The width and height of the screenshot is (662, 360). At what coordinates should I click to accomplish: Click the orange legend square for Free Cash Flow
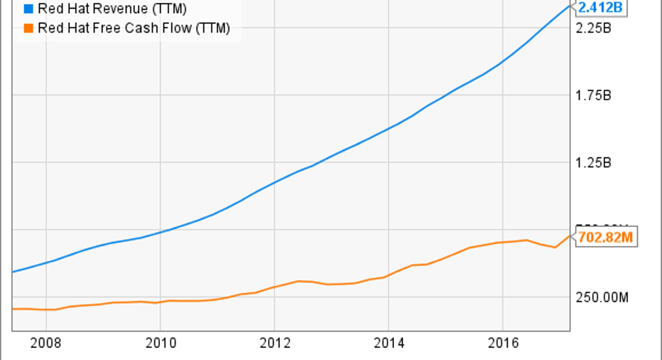click(x=28, y=28)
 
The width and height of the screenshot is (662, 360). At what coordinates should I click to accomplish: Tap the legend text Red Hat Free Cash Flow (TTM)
click(x=134, y=28)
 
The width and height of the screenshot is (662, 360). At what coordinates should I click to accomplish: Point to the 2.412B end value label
click(x=601, y=9)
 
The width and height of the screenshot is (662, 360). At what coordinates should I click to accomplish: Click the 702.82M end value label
click(x=606, y=237)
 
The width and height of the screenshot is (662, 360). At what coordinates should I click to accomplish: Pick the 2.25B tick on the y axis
click(x=594, y=28)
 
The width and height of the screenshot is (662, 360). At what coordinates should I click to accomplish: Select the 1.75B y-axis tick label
click(x=594, y=96)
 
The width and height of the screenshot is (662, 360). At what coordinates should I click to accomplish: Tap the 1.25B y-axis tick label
click(x=594, y=163)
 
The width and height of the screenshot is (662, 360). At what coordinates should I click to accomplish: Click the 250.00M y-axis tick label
click(x=602, y=297)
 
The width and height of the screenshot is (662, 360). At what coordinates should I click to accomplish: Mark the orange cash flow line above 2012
click(x=274, y=287)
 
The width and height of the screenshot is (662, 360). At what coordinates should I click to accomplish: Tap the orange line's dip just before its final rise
click(x=555, y=247)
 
